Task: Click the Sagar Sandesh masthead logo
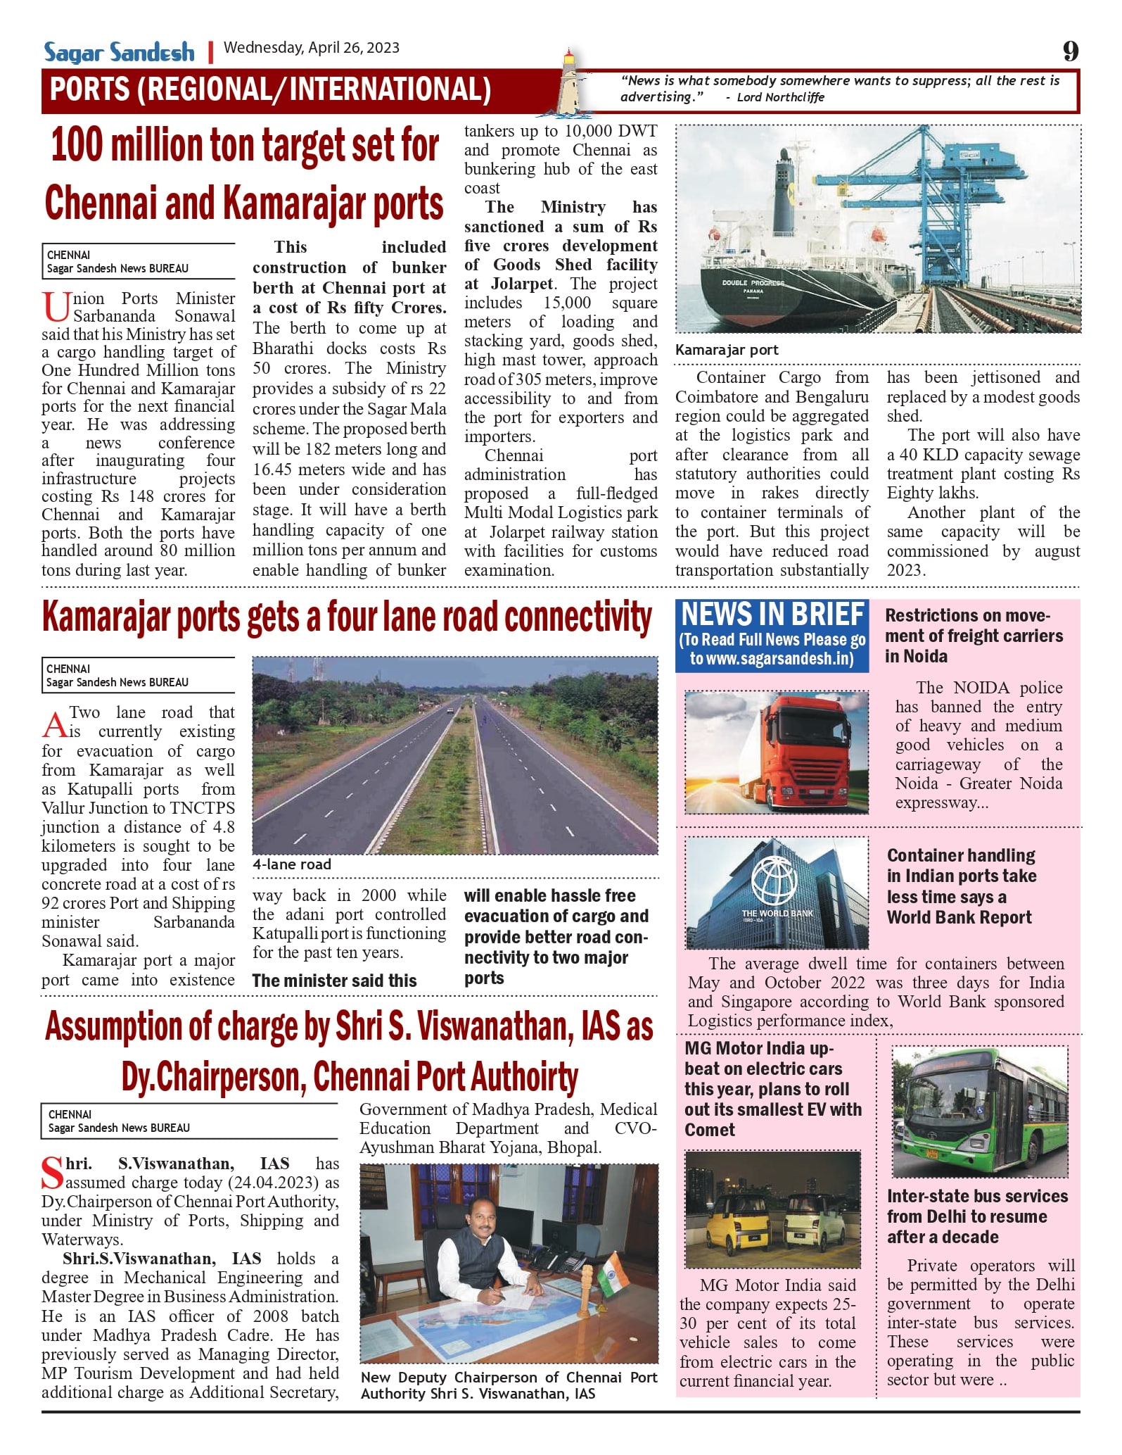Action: [119, 52]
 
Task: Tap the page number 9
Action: [1071, 51]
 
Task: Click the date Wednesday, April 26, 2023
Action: [311, 48]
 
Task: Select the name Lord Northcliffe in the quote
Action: [780, 97]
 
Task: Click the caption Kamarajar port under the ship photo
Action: [727, 350]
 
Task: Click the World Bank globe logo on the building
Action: [774, 880]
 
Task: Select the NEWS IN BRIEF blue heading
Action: [772, 615]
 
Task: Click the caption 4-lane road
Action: [291, 864]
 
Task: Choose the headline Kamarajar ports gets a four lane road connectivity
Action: [347, 617]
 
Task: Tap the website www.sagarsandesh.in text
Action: [772, 659]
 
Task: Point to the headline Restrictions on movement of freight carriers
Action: [974, 636]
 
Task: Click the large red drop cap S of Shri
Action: [53, 1173]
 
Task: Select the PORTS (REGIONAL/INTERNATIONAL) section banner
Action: [271, 90]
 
